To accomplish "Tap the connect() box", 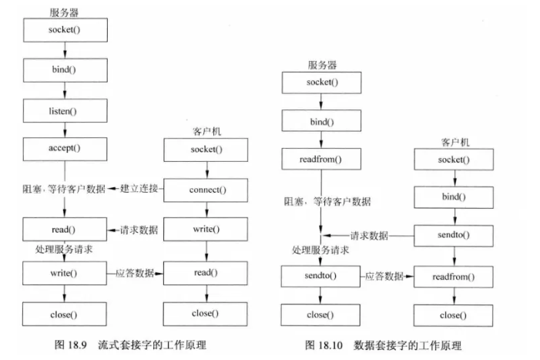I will coord(205,189).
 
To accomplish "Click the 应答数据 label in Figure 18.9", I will coord(135,272).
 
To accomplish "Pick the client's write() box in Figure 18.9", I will coord(205,230).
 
